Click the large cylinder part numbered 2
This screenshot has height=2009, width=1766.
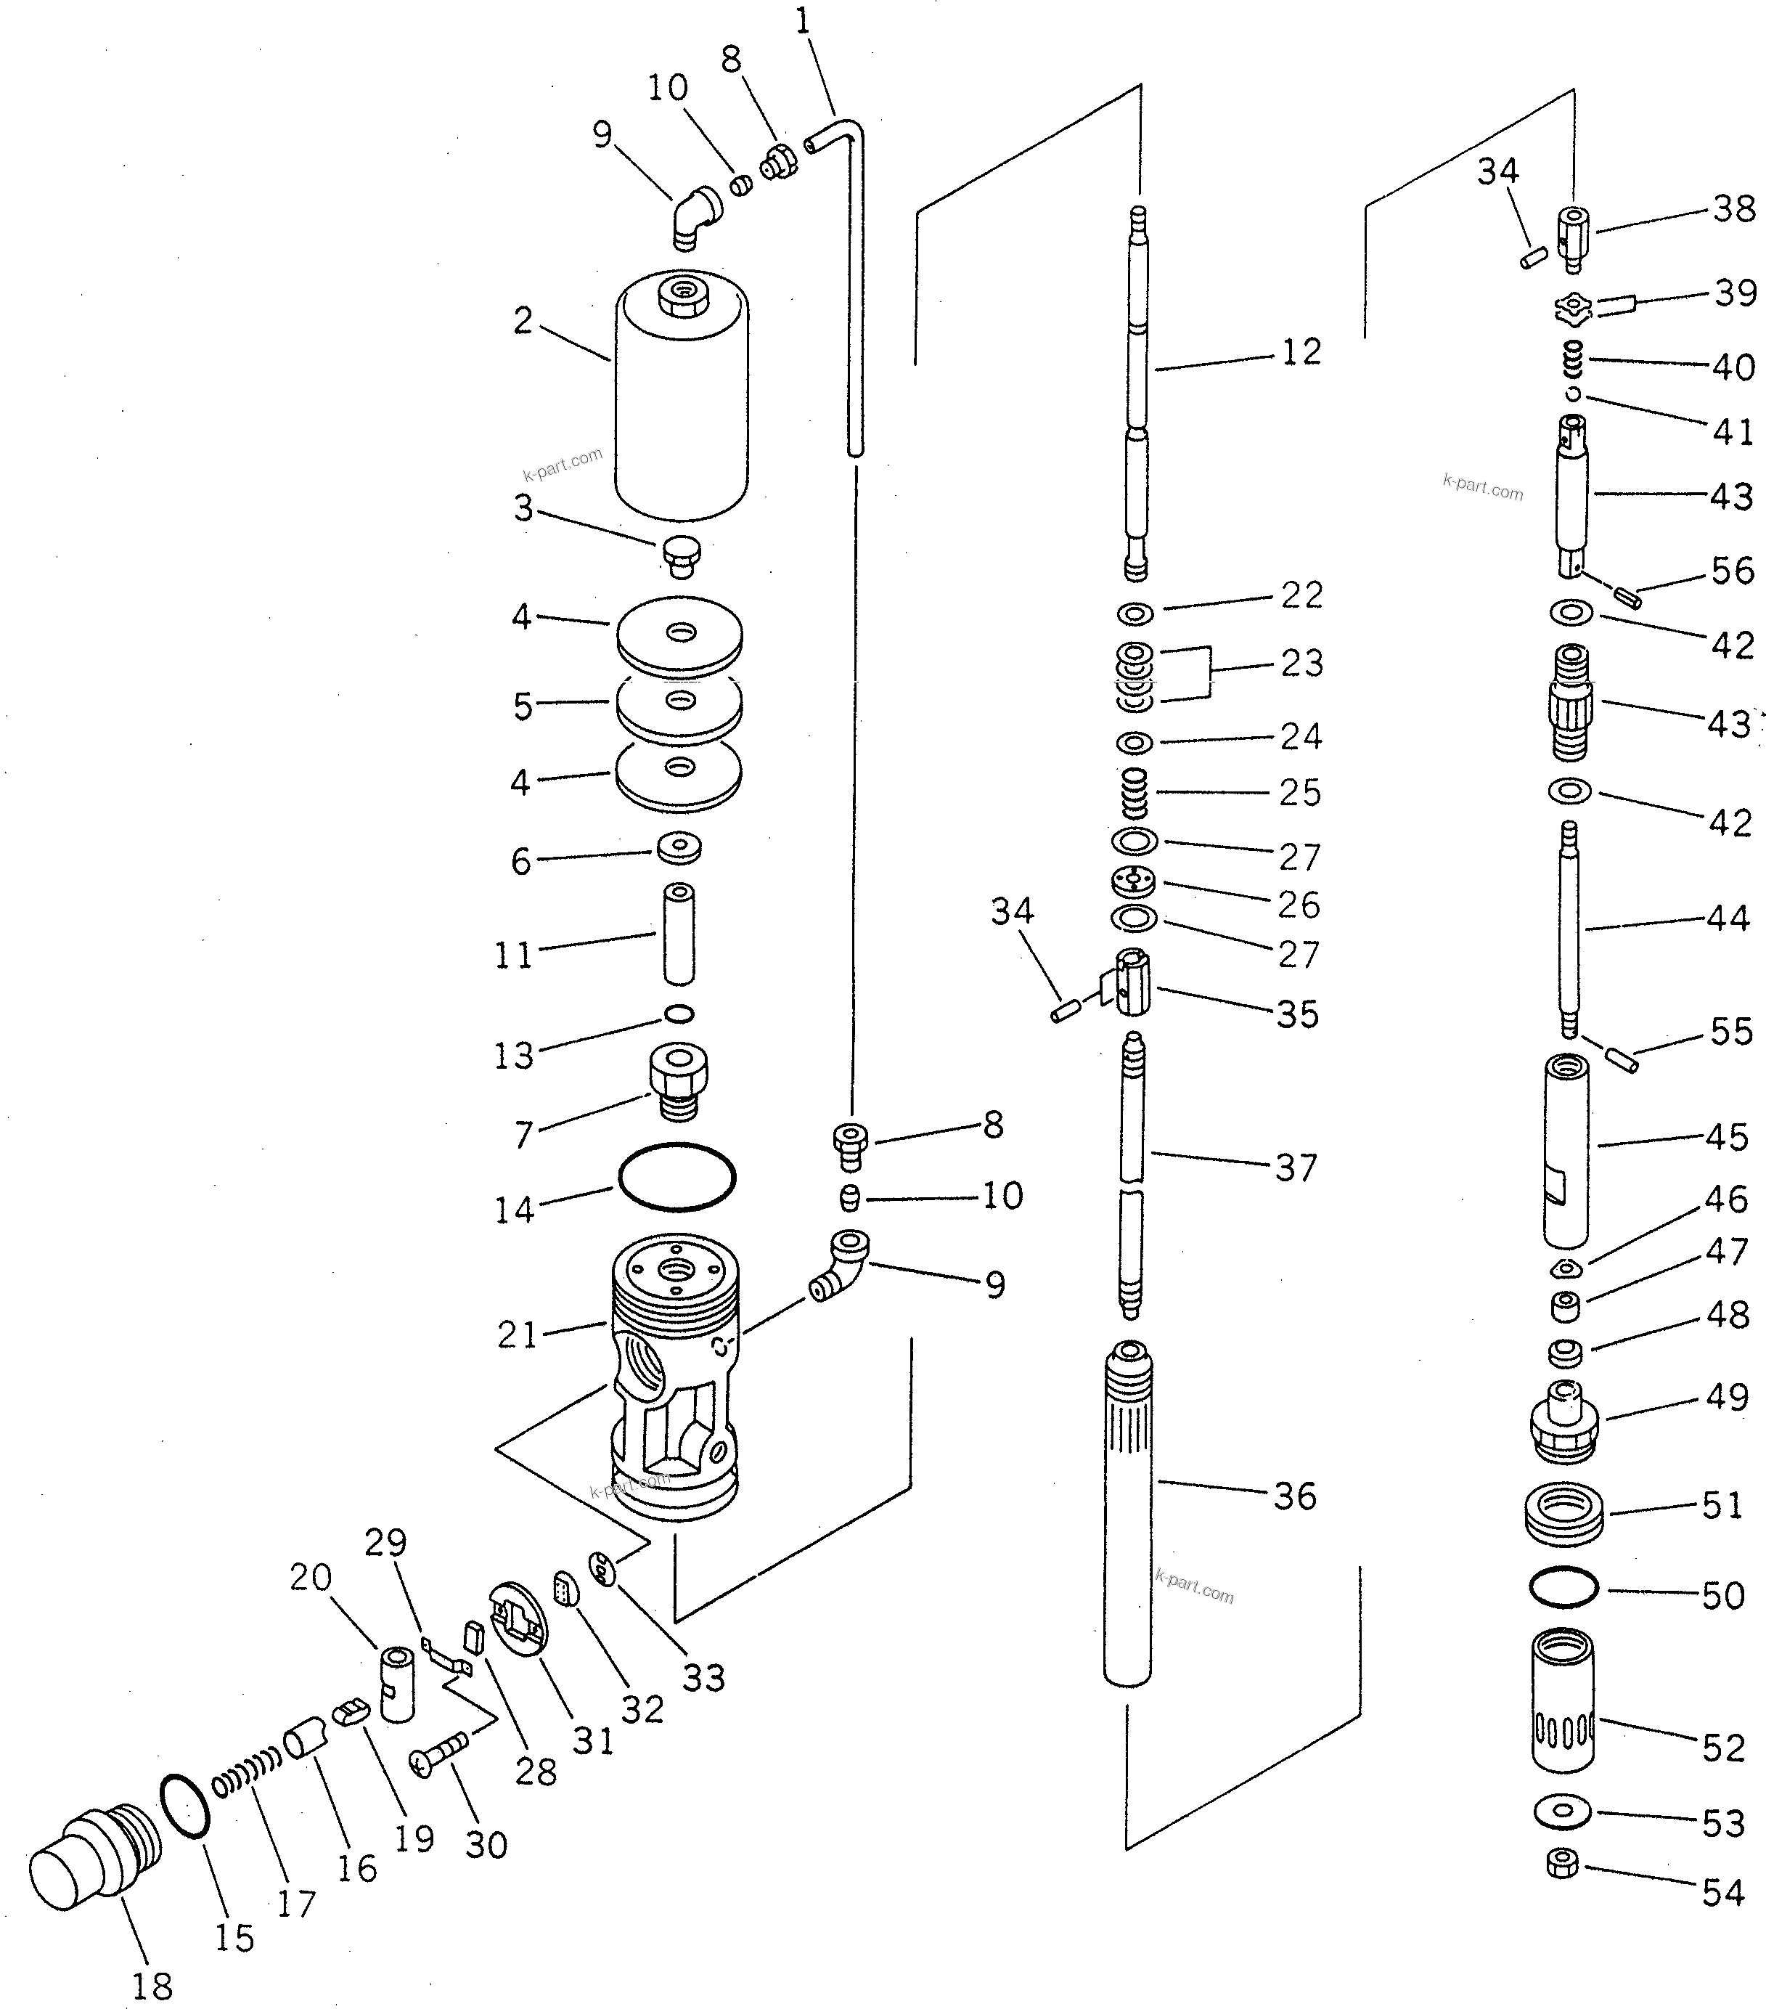pyautogui.click(x=681, y=403)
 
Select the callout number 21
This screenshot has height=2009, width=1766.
pyautogui.click(x=517, y=1334)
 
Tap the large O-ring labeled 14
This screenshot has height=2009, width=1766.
pyautogui.click(x=676, y=1176)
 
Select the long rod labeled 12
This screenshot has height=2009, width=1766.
pyautogui.click(x=1137, y=393)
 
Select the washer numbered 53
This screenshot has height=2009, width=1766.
pyautogui.click(x=1563, y=1811)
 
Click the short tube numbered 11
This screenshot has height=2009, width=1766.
pyautogui.click(x=678, y=934)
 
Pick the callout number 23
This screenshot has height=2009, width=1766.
pyautogui.click(x=1302, y=664)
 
